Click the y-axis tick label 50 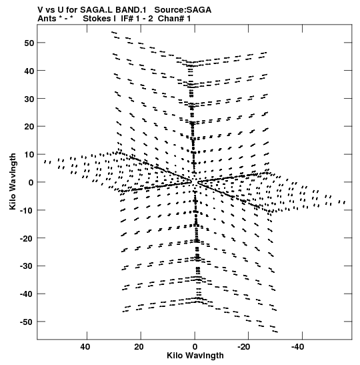(29, 43)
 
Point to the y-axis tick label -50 (27, 322)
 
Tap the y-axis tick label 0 (31, 183)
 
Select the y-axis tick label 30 (29, 99)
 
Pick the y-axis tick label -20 (27, 238)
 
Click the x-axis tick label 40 (85, 347)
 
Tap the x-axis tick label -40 (297, 347)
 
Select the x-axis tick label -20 (243, 347)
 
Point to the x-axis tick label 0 (195, 347)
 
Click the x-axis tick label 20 (139, 347)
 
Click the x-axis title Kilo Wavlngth (195, 356)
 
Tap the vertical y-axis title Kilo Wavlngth (13, 181)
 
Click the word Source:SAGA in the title (183, 10)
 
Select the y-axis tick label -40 (27, 294)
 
